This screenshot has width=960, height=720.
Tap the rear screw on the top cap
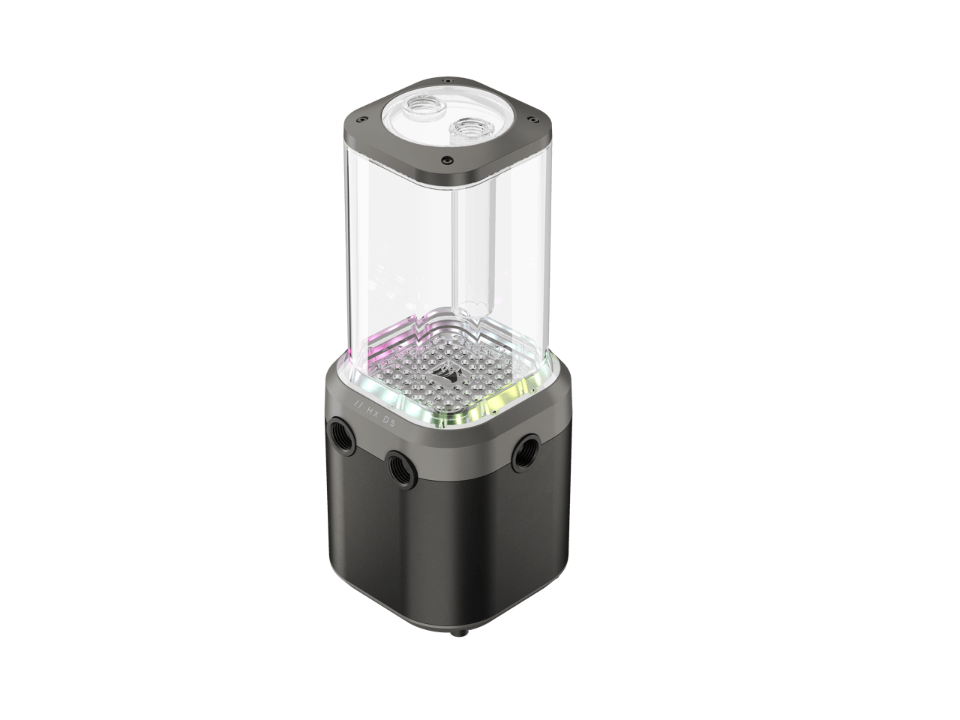[446, 77]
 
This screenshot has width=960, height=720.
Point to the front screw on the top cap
[446, 159]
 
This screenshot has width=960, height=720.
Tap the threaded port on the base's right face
[522, 453]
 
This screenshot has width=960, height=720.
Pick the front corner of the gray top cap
[447, 174]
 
